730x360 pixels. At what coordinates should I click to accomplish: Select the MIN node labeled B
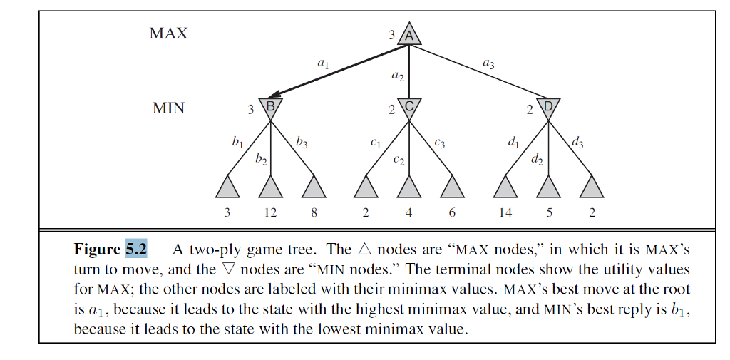pyautogui.click(x=270, y=108)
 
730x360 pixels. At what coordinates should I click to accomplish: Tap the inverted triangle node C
pyautogui.click(x=409, y=108)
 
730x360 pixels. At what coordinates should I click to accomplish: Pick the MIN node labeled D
pyautogui.click(x=548, y=108)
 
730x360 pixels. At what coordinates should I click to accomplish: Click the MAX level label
pyautogui.click(x=168, y=34)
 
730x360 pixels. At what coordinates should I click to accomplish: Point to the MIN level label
pyautogui.click(x=168, y=108)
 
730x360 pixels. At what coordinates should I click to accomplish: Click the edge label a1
pyautogui.click(x=323, y=63)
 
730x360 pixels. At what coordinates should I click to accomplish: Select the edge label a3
pyautogui.click(x=488, y=63)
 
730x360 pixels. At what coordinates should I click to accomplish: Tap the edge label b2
pyautogui.click(x=261, y=158)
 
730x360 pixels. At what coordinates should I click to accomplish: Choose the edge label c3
pyautogui.click(x=439, y=143)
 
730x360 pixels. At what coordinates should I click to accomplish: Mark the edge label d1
pyautogui.click(x=513, y=142)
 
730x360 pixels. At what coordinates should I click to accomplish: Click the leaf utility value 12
pyautogui.click(x=270, y=212)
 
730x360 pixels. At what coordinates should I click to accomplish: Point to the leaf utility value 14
pyautogui.click(x=505, y=212)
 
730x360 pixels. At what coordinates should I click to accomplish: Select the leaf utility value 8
pyautogui.click(x=314, y=212)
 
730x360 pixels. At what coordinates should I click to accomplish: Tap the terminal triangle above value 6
pyautogui.click(x=453, y=187)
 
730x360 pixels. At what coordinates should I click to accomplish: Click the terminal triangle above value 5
pyautogui.click(x=548, y=187)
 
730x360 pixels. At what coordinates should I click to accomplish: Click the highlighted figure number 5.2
pyautogui.click(x=136, y=250)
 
